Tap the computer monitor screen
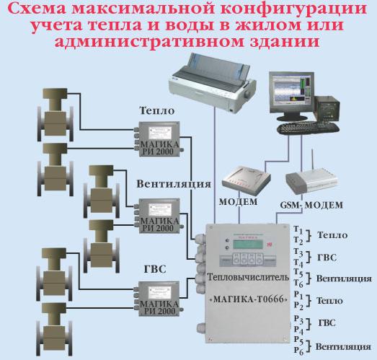click(x=291, y=92)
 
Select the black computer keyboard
click(x=309, y=128)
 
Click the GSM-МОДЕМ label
click(x=311, y=205)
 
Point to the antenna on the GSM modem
click(x=312, y=160)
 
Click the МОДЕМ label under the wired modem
click(x=238, y=202)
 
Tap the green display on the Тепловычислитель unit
click(x=247, y=245)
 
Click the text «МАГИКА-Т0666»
click(x=249, y=299)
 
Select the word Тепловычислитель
click(x=248, y=277)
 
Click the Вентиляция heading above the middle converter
click(x=174, y=185)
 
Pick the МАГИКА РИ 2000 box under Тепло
click(x=159, y=139)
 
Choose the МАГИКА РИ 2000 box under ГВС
click(x=159, y=299)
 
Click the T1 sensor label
click(x=298, y=229)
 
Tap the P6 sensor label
click(x=299, y=351)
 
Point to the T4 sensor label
click(x=298, y=263)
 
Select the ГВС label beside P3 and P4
click(x=327, y=323)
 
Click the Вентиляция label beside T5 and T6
click(x=344, y=278)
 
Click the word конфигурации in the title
click(x=293, y=10)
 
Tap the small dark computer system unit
click(x=327, y=109)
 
